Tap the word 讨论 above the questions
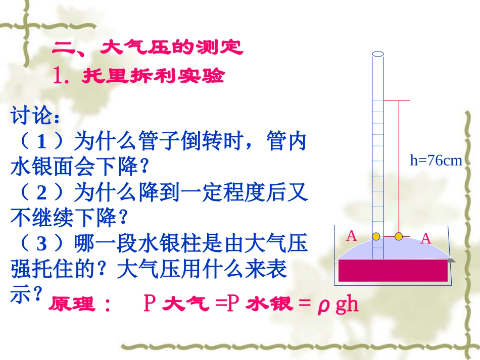click(31, 117)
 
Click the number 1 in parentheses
click(42, 142)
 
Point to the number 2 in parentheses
click(42, 193)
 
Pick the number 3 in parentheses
click(42, 244)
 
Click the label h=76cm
click(437, 161)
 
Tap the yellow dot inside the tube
click(376, 236)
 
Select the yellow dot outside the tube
click(399, 236)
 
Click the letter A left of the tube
click(352, 236)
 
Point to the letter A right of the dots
click(425, 239)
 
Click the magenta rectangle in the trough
click(393, 270)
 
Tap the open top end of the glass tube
click(378, 54)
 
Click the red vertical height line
click(399, 167)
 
